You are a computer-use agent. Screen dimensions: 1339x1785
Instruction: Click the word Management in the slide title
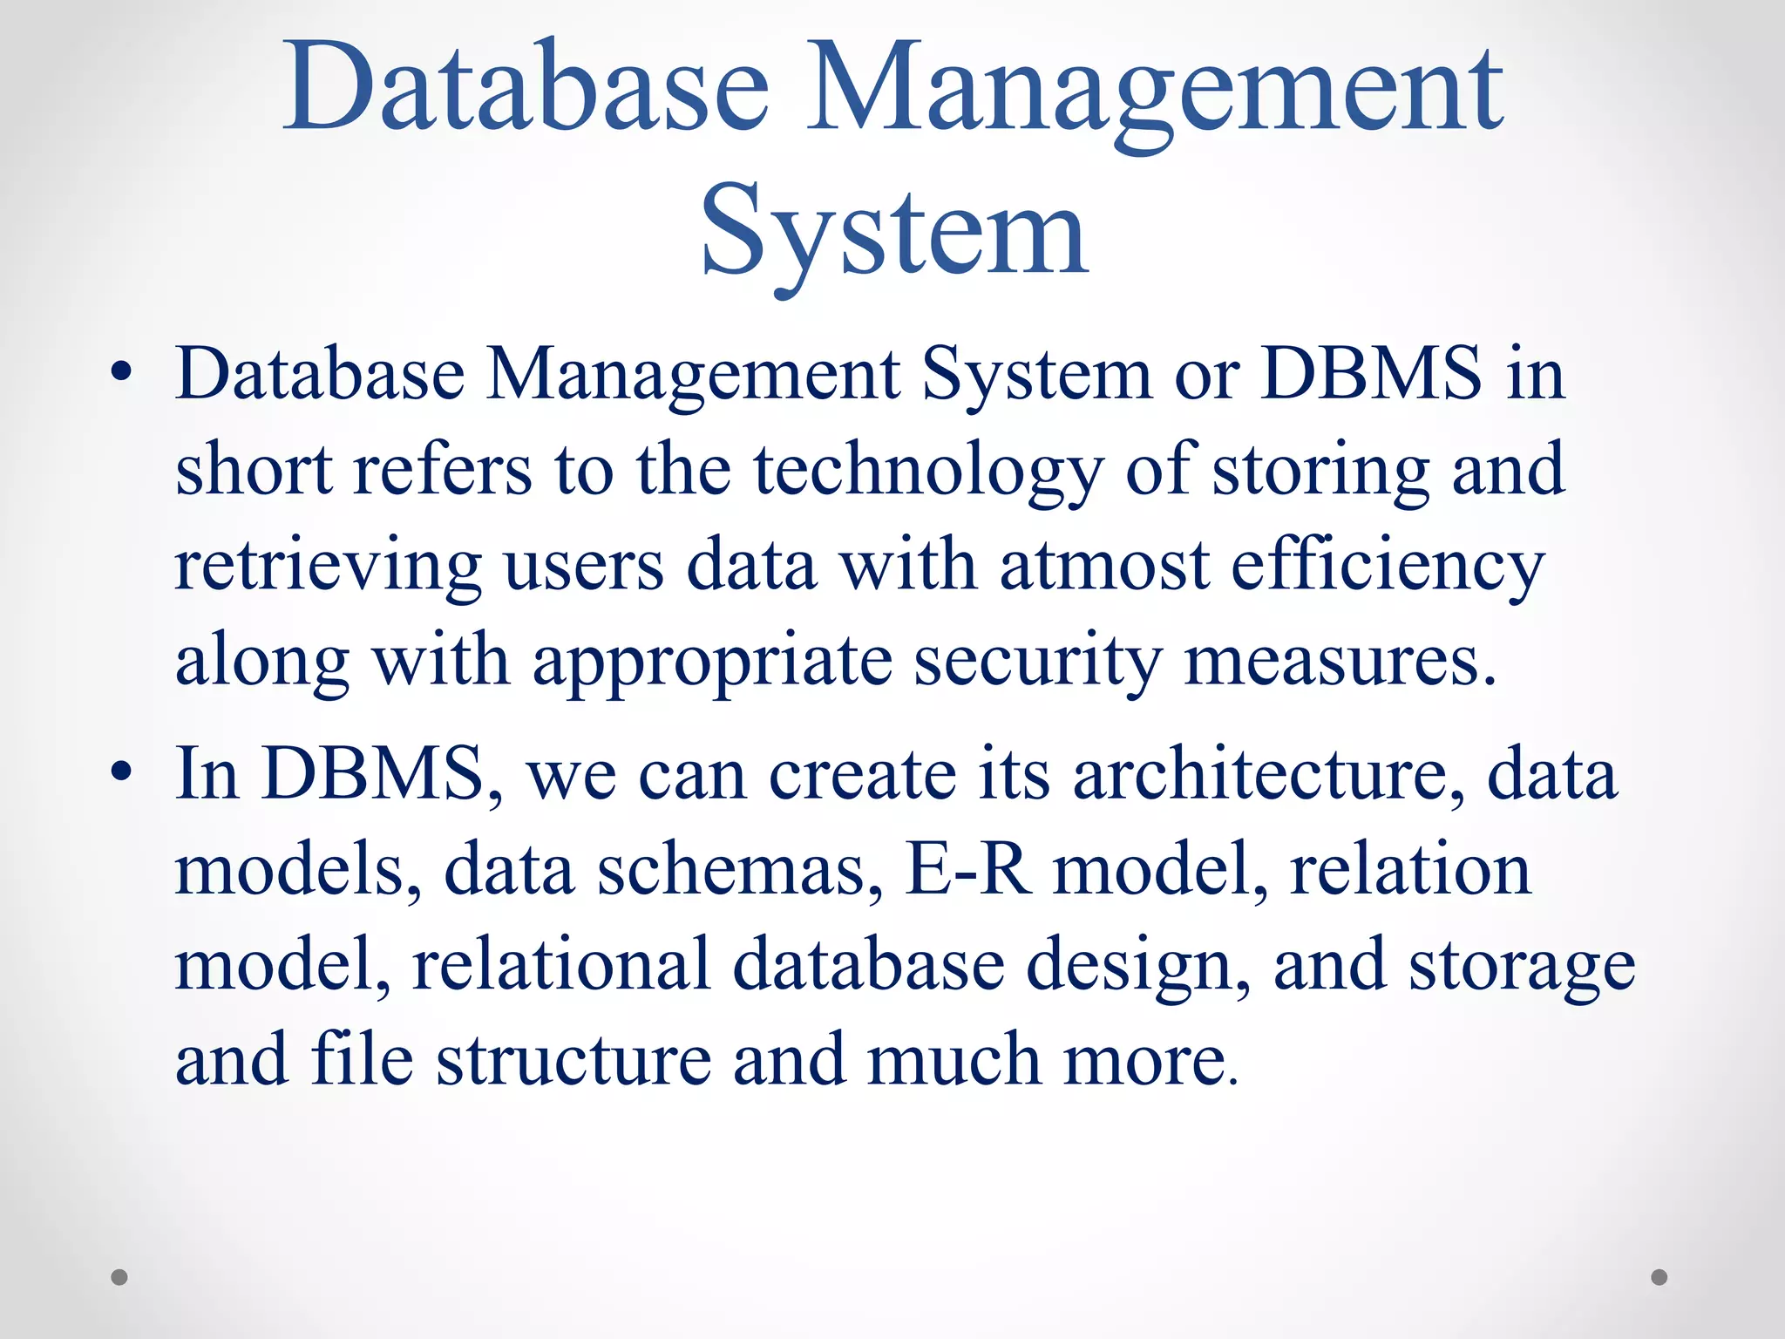pyautogui.click(x=1154, y=92)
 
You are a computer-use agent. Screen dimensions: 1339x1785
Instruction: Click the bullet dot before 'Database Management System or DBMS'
pyautogui.click(x=122, y=374)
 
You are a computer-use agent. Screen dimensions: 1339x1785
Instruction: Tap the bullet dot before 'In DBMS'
pyautogui.click(x=122, y=771)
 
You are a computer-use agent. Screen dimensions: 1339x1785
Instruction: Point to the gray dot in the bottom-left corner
pyautogui.click(x=119, y=1277)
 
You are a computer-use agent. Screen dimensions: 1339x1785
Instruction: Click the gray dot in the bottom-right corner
pyautogui.click(x=1659, y=1277)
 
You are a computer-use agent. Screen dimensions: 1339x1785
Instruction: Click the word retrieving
pyautogui.click(x=329, y=568)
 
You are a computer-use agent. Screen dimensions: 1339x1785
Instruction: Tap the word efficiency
pyautogui.click(x=1388, y=568)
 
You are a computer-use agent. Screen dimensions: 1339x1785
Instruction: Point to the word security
pyautogui.click(x=1038, y=663)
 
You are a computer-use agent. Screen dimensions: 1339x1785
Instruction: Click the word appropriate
pyautogui.click(x=713, y=663)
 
